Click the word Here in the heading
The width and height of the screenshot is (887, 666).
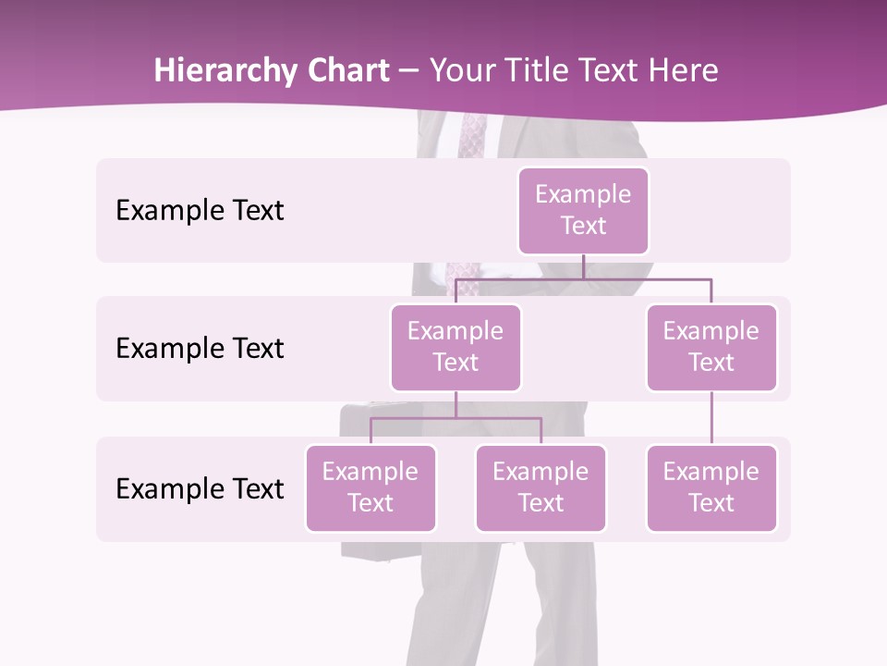coord(684,71)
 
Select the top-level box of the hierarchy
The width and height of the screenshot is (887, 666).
coord(583,210)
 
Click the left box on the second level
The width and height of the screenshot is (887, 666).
coord(456,347)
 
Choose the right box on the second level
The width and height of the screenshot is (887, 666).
coord(711,347)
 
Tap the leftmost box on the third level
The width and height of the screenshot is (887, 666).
coord(371,487)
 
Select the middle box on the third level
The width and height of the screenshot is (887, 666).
coord(541,487)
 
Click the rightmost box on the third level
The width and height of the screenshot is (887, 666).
coord(711,487)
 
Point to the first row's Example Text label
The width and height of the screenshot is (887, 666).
coord(200,210)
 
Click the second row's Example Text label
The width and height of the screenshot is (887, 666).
coord(200,348)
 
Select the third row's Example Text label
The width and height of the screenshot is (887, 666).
coord(200,488)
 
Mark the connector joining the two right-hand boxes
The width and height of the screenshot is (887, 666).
coord(711,418)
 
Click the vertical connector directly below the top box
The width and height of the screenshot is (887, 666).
coord(583,266)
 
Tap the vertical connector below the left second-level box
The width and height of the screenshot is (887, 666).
coord(456,404)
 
